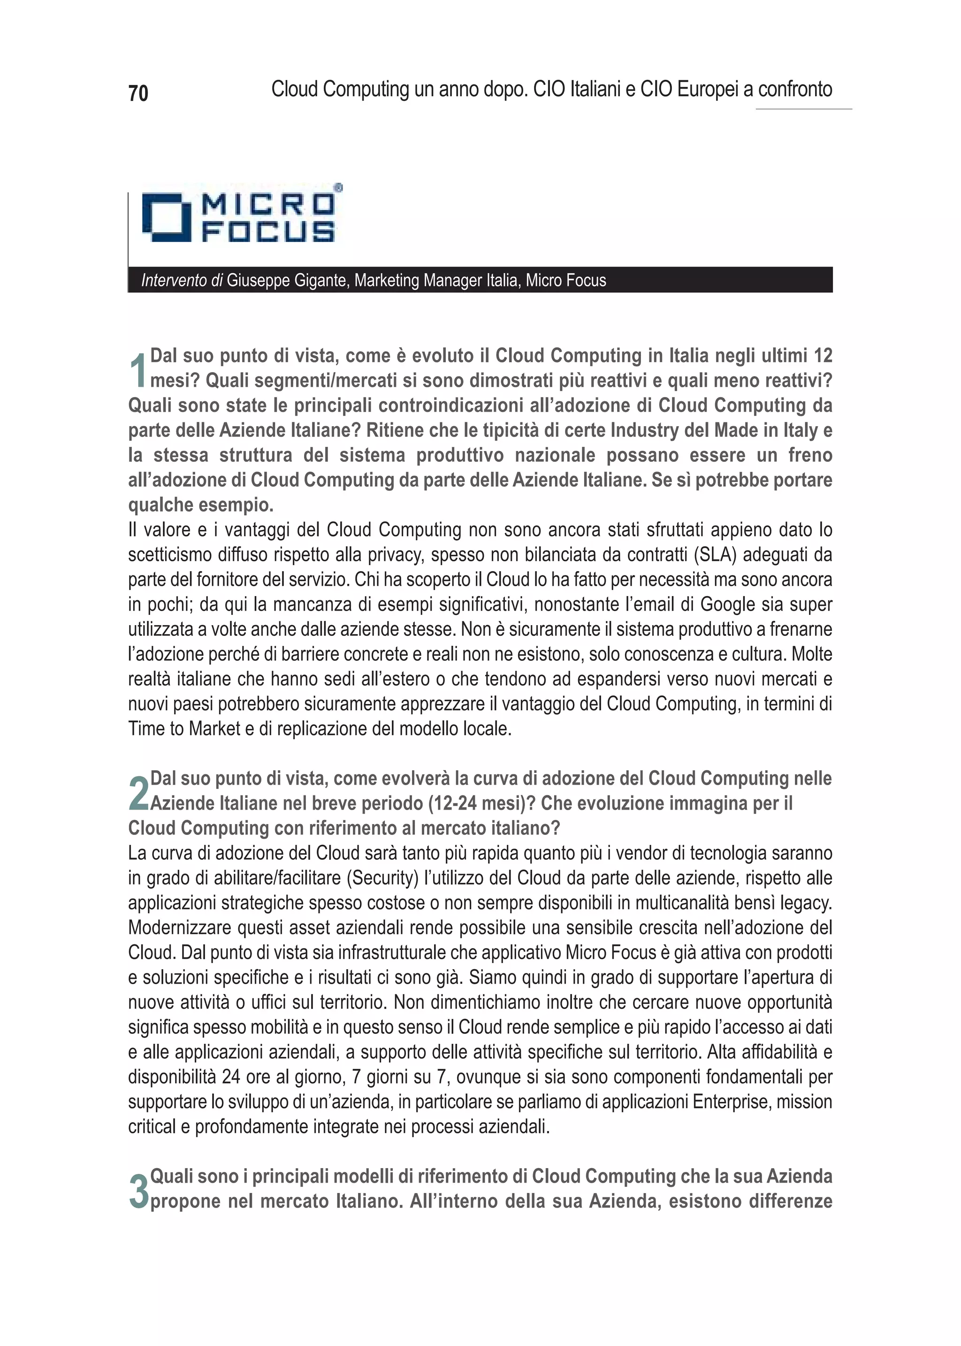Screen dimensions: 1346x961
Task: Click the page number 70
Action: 138,93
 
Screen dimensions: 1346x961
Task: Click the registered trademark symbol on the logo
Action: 338,188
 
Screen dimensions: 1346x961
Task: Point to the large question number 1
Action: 138,371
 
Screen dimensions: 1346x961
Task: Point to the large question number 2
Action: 138,793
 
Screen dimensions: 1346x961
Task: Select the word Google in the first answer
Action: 727,604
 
